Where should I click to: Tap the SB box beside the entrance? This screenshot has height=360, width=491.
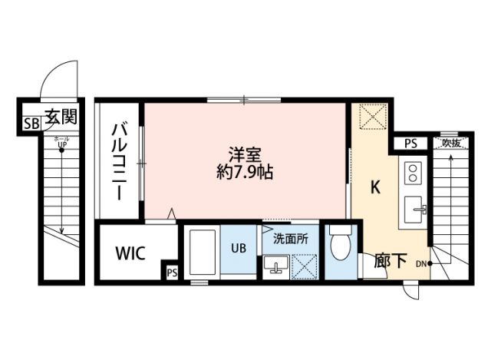pos(31,123)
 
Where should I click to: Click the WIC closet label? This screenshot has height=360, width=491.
pos(132,253)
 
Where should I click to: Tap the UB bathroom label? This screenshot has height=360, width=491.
pos(239,248)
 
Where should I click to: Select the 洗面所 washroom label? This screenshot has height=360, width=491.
pos(290,239)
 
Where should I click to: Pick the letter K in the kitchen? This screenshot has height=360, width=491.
pos(376,187)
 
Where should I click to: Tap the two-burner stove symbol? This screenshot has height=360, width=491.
pos(411,170)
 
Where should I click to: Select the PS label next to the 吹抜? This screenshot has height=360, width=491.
pos(411,143)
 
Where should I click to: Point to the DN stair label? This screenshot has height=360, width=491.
pos(421,264)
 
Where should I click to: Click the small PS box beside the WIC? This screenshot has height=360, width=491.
pos(171,271)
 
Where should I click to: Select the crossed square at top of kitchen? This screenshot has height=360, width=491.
pos(374,117)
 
